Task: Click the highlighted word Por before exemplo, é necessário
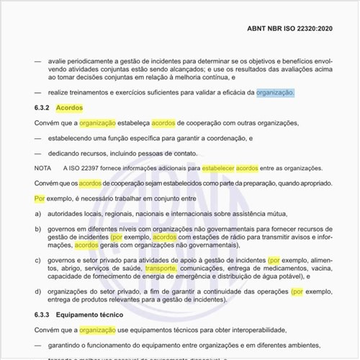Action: [x=40, y=199]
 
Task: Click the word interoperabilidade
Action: [x=241, y=330]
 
